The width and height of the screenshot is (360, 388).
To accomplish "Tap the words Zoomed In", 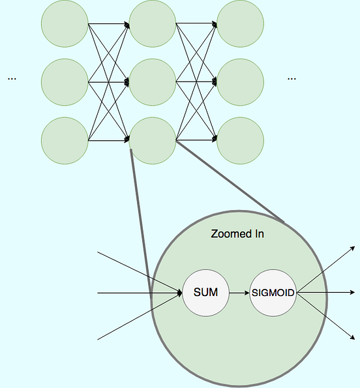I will tap(237, 233).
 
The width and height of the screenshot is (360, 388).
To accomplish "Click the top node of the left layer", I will tap(65, 25).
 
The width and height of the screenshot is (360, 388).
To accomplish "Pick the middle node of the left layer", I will tap(65, 82).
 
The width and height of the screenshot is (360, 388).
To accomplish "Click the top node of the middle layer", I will tap(153, 25).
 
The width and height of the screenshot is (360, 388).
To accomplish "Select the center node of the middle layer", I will tap(153, 82).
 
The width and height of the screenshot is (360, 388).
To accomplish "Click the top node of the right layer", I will tap(240, 25).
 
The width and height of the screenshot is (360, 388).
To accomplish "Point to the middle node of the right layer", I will tap(240, 82).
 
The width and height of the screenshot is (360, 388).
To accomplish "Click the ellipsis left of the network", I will tap(12, 79).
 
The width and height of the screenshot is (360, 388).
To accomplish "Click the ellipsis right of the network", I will tap(291, 79).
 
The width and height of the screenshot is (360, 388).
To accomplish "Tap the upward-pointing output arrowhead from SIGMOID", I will tap(353, 248).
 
